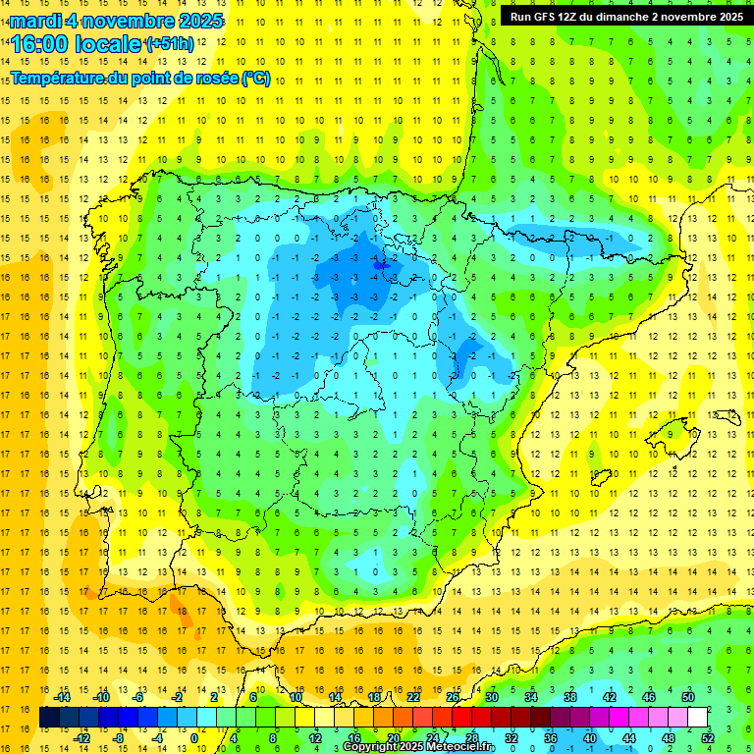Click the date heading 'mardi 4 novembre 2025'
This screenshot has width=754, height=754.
[117, 21]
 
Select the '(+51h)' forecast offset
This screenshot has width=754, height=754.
[170, 44]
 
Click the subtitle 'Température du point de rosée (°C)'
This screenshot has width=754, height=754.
[140, 79]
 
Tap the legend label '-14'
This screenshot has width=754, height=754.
[62, 697]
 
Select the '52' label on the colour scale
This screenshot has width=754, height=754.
[708, 737]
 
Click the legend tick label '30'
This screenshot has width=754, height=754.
[491, 697]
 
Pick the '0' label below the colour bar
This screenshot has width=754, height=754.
[193, 737]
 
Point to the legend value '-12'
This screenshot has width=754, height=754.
[82, 737]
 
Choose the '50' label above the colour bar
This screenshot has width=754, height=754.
[688, 697]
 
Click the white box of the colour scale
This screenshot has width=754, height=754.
[698, 718]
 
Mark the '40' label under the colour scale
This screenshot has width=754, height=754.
[589, 737]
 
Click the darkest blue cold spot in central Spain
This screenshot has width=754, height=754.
[380, 263]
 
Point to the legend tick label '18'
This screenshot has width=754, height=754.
[373, 697]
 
